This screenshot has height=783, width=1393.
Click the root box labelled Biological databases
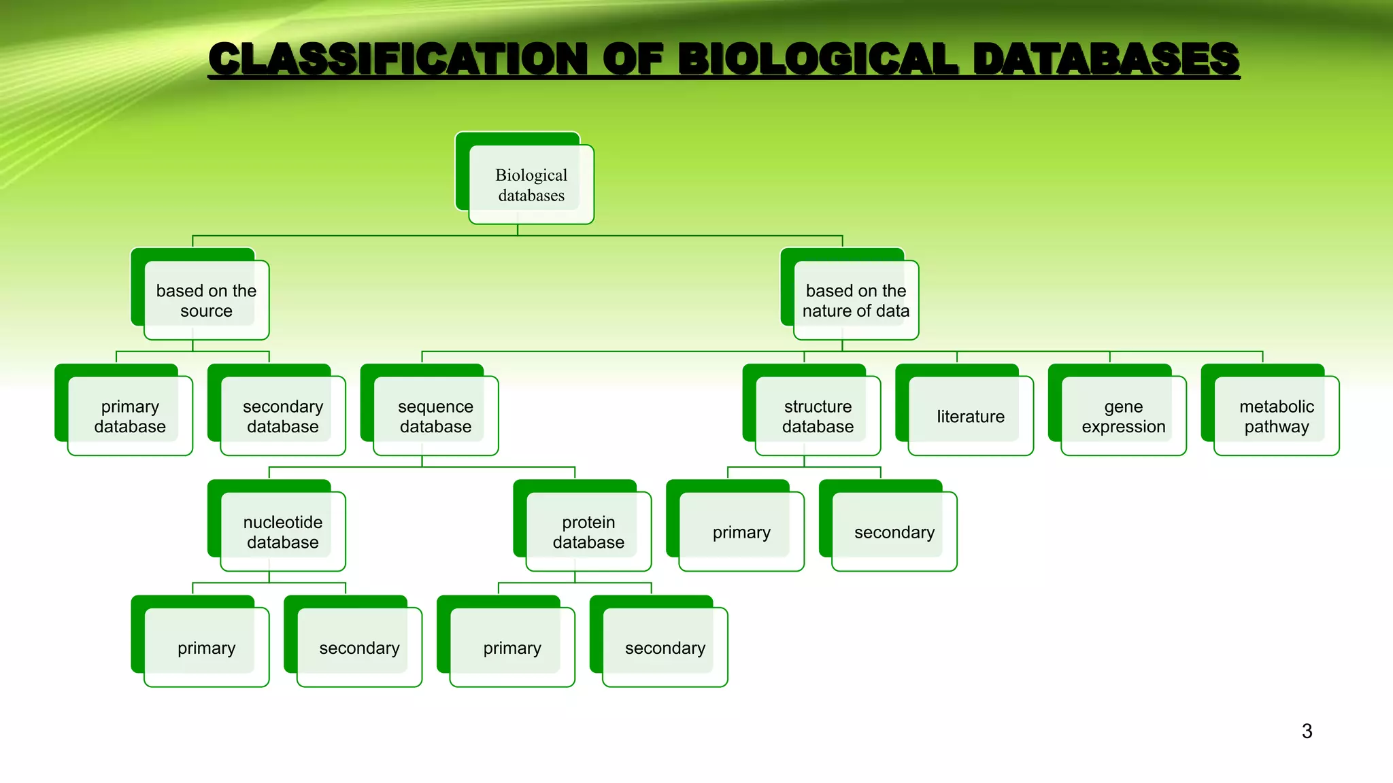[x=531, y=185]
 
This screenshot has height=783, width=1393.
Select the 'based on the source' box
[x=206, y=300]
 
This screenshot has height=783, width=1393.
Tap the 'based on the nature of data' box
[x=856, y=300]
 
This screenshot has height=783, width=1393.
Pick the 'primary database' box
[x=130, y=416]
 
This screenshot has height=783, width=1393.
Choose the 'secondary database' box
[x=283, y=416]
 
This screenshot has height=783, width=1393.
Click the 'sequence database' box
[x=435, y=416]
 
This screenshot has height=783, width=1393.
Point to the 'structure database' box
[x=818, y=416]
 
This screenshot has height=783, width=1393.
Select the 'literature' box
[x=971, y=416]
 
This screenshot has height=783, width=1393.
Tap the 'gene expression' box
[x=1124, y=416]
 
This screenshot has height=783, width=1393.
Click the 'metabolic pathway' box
[x=1276, y=416]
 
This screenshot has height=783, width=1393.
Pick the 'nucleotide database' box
[x=283, y=532]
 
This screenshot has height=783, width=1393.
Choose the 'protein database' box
[x=588, y=532]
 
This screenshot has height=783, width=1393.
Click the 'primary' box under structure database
[x=741, y=532]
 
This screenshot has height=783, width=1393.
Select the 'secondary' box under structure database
[x=894, y=532]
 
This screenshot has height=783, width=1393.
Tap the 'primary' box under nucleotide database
[x=206, y=648]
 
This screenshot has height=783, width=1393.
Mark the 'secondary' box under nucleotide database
[x=359, y=648]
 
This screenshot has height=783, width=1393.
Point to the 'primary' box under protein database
[x=512, y=648]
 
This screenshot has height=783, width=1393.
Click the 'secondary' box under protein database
[x=665, y=648]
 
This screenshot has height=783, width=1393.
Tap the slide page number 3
[x=1307, y=731]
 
